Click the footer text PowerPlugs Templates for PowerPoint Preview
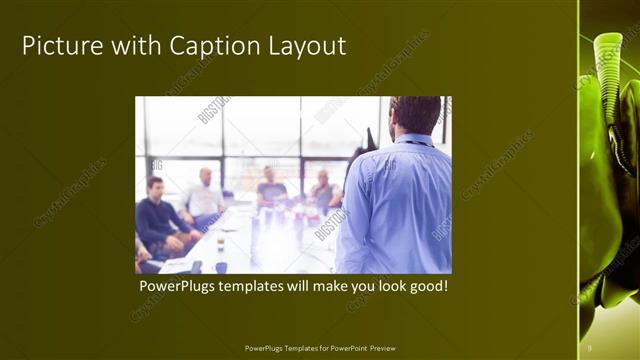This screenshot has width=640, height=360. pyautogui.click(x=320, y=348)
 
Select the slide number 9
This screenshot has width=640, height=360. pyautogui.click(x=590, y=348)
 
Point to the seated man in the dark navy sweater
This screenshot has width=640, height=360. pyautogui.click(x=157, y=215)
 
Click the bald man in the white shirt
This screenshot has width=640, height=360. pyautogui.click(x=204, y=196)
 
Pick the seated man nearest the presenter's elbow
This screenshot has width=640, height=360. pyautogui.click(x=323, y=190)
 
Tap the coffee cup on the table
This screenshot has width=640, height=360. pyautogui.click(x=221, y=243)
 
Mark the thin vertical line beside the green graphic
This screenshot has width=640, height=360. pyautogui.click(x=579, y=180)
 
